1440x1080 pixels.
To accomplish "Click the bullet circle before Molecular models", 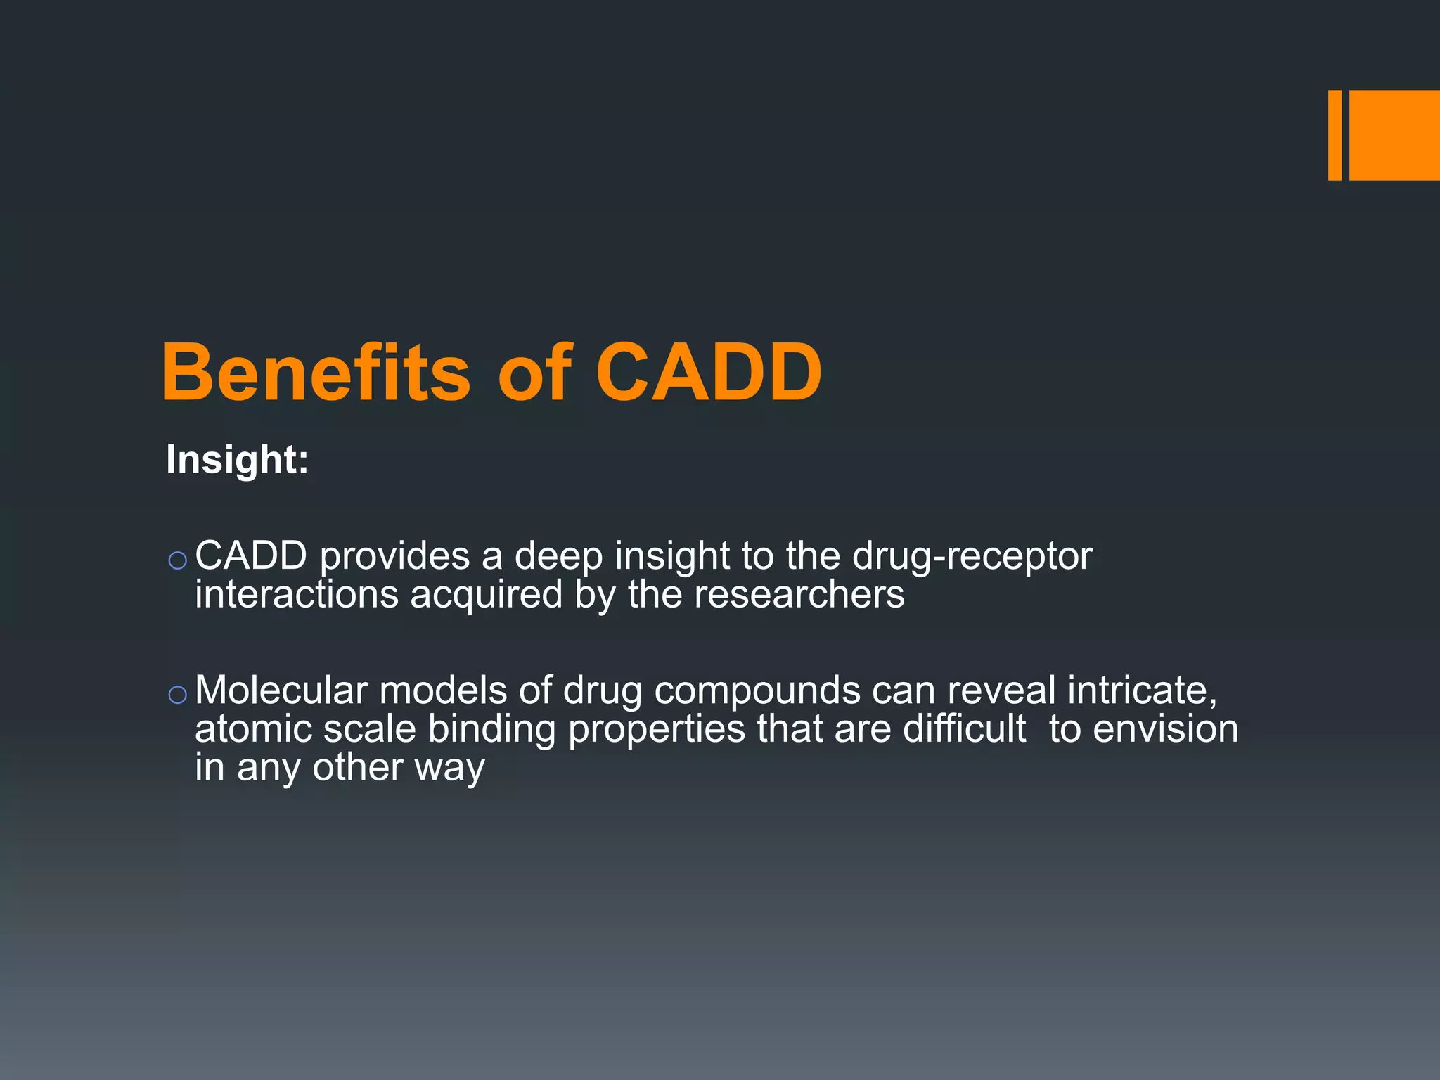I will pyautogui.click(x=177, y=695).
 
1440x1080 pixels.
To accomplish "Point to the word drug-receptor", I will pyautogui.click(x=972, y=557).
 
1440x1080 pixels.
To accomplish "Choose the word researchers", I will pyautogui.click(x=799, y=595).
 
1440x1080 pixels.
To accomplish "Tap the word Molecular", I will pyautogui.click(x=281, y=690).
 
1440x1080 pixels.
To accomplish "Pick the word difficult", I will pyautogui.click(x=965, y=728).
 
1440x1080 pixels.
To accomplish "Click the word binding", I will pyautogui.click(x=492, y=729).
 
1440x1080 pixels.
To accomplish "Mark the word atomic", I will pyautogui.click(x=253, y=728).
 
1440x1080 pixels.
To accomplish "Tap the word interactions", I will pyautogui.click(x=297, y=595).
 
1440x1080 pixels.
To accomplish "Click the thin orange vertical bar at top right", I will pyautogui.click(x=1335, y=135).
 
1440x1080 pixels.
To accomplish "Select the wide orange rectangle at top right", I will pyautogui.click(x=1394, y=135).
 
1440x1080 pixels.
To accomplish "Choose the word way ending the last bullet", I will pyautogui.click(x=449, y=768).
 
